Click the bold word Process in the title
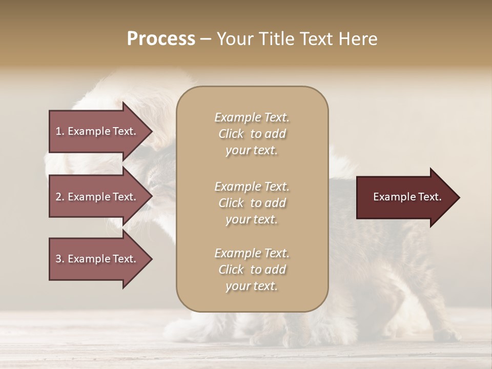pos(161,39)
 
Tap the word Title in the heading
pos(277,39)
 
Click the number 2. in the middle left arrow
pos(60,197)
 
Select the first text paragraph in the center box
pos(252,134)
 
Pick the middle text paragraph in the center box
pos(252,203)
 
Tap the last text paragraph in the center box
pos(252,270)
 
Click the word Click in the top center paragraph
pos(231,134)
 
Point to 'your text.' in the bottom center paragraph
pos(252,286)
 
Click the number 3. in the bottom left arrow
pos(60,259)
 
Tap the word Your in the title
pos(235,39)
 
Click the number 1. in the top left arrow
pos(60,131)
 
